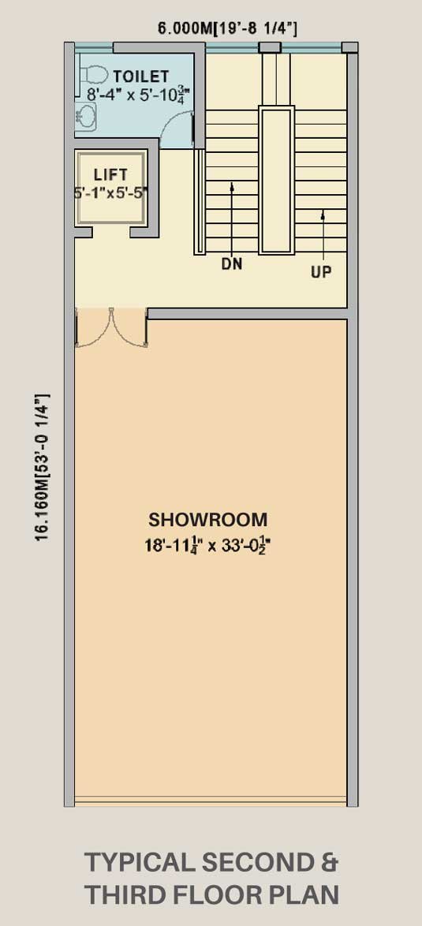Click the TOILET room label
[141, 77]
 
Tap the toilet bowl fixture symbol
[93, 74]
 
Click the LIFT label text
[110, 175]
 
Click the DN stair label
[232, 264]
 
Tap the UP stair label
[321, 272]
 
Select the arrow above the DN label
[232, 218]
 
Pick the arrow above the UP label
[323, 236]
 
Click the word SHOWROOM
[207, 520]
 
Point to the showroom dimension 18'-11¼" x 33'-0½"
[207, 545]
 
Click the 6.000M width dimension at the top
[227, 28]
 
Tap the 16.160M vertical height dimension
[43, 469]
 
